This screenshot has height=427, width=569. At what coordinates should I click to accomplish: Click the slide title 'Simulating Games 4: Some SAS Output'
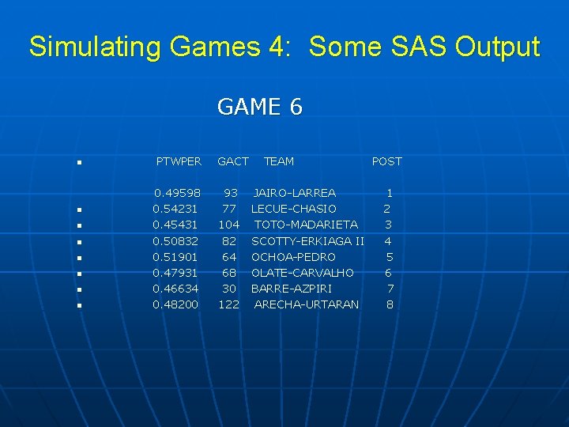[x=284, y=47]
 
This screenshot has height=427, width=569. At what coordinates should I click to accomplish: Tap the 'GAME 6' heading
[x=259, y=107]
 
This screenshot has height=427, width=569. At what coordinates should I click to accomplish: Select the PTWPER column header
[x=179, y=161]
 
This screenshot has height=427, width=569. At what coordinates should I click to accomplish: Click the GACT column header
[x=233, y=161]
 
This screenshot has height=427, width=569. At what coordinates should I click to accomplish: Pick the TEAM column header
[x=278, y=161]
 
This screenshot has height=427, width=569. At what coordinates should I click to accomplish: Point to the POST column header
[x=386, y=161]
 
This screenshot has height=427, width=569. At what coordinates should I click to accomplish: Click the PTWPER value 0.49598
[x=177, y=193]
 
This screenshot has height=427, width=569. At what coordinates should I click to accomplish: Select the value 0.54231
[x=175, y=209]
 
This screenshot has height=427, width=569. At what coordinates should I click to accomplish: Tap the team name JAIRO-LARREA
[x=294, y=193]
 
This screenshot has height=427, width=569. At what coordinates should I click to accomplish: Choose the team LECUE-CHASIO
[x=293, y=209]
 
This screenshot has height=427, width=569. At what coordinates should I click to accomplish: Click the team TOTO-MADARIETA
[x=306, y=225]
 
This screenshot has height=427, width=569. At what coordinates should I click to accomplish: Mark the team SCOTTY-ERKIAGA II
[x=307, y=240]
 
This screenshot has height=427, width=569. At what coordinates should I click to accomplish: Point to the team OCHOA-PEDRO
[x=293, y=257]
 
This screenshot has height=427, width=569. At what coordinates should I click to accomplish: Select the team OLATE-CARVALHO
[x=302, y=273]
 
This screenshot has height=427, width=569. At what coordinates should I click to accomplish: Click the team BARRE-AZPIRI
[x=291, y=289]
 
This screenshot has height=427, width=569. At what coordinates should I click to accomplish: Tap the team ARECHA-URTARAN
[x=306, y=304]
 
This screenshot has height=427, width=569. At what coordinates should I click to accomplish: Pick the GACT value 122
[x=228, y=304]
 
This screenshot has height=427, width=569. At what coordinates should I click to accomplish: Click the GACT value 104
[x=229, y=225]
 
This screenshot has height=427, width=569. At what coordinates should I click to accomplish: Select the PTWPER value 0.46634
[x=175, y=289]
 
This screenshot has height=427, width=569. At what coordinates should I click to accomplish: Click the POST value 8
[x=390, y=304]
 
